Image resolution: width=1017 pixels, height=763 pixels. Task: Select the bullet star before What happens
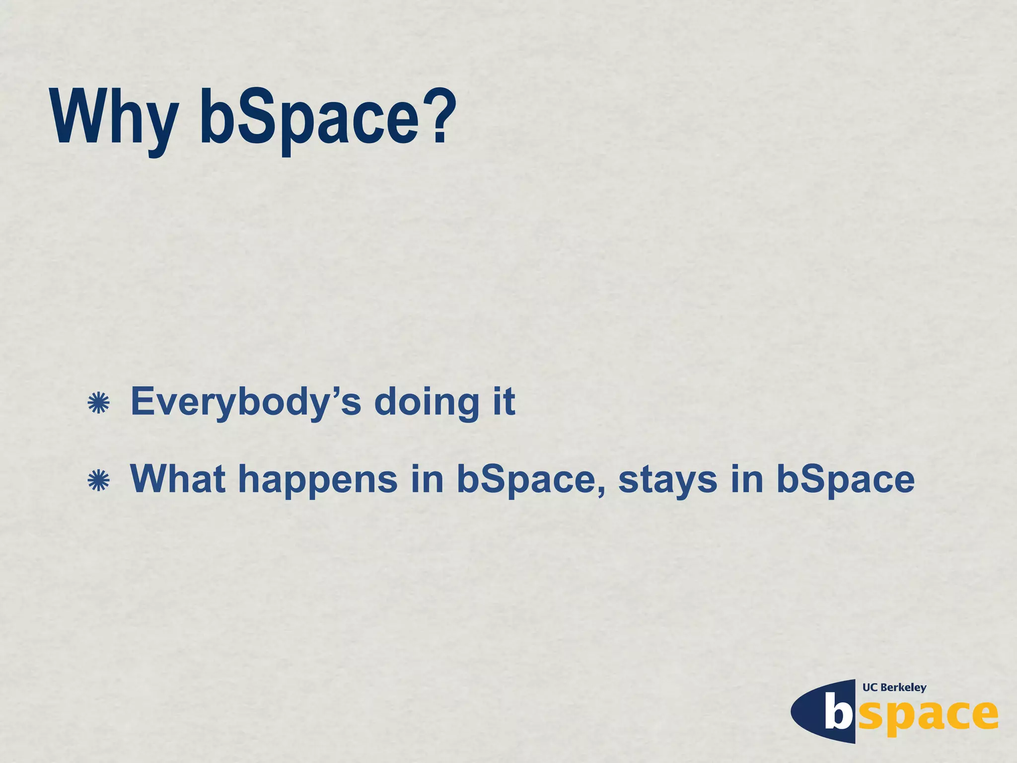click(98, 480)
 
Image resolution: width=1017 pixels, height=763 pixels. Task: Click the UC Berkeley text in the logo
click(894, 687)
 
